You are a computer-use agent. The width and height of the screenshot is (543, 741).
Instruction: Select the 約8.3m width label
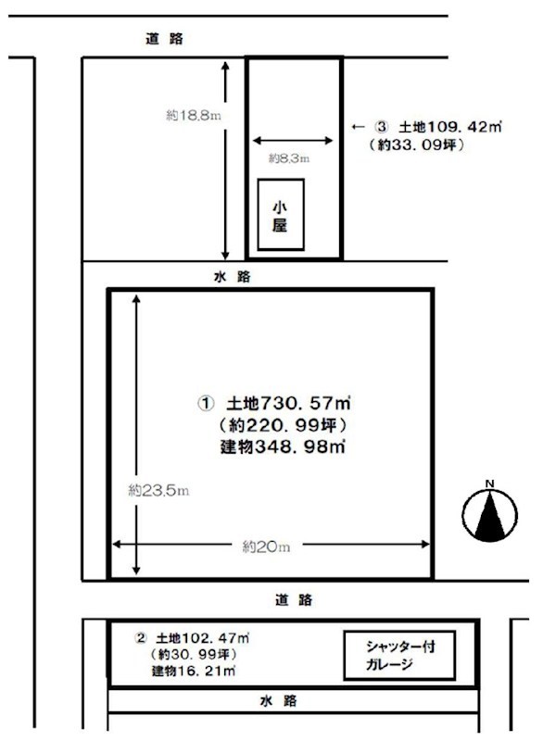click(288, 158)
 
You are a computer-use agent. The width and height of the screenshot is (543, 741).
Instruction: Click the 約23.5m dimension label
click(158, 490)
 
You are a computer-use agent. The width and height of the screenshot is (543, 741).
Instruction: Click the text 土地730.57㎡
click(288, 405)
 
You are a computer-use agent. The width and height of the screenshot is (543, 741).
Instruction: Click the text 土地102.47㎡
click(204, 638)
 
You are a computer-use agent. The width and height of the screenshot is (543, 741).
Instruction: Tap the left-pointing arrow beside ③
click(356, 127)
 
